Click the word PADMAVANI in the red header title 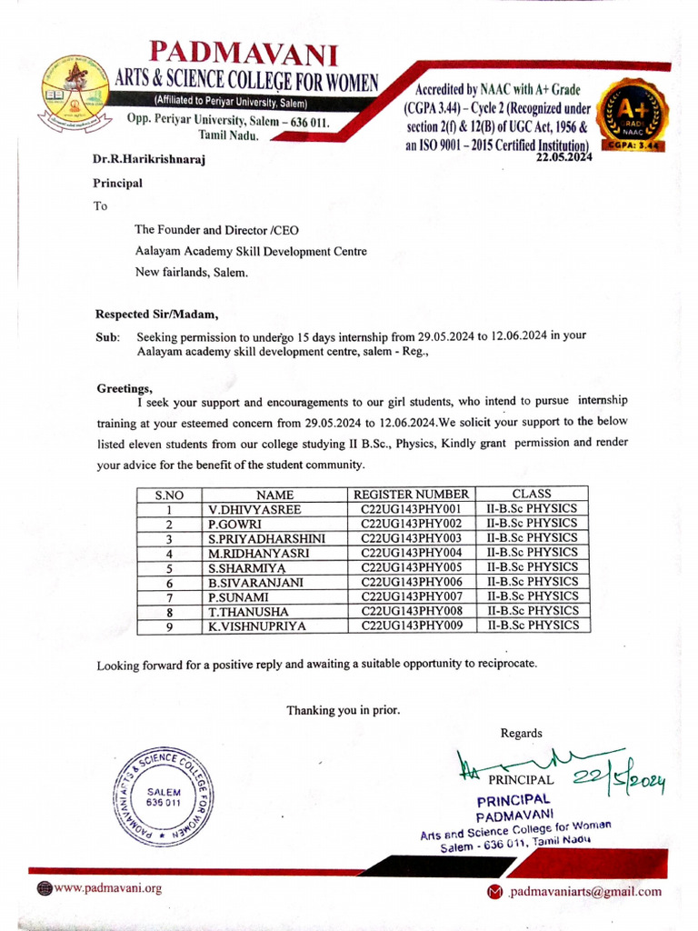point(243,53)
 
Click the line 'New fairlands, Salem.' point(190,271)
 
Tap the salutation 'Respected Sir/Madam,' point(157,315)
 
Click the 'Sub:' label point(107,336)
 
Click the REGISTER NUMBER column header point(412,494)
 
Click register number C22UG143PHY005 point(412,566)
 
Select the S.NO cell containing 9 point(169,626)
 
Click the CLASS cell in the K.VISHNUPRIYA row point(533,626)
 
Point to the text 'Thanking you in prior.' point(344,710)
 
